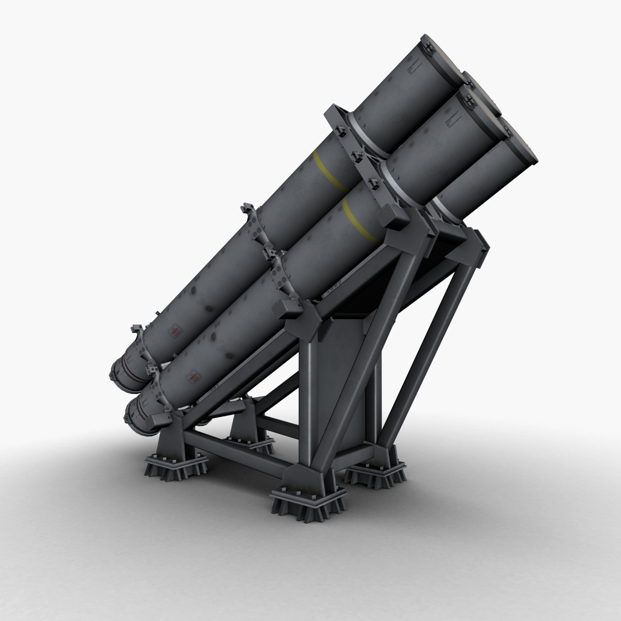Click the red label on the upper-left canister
pyautogui.click(x=174, y=332)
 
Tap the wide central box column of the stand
pyautogui.click(x=339, y=374)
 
